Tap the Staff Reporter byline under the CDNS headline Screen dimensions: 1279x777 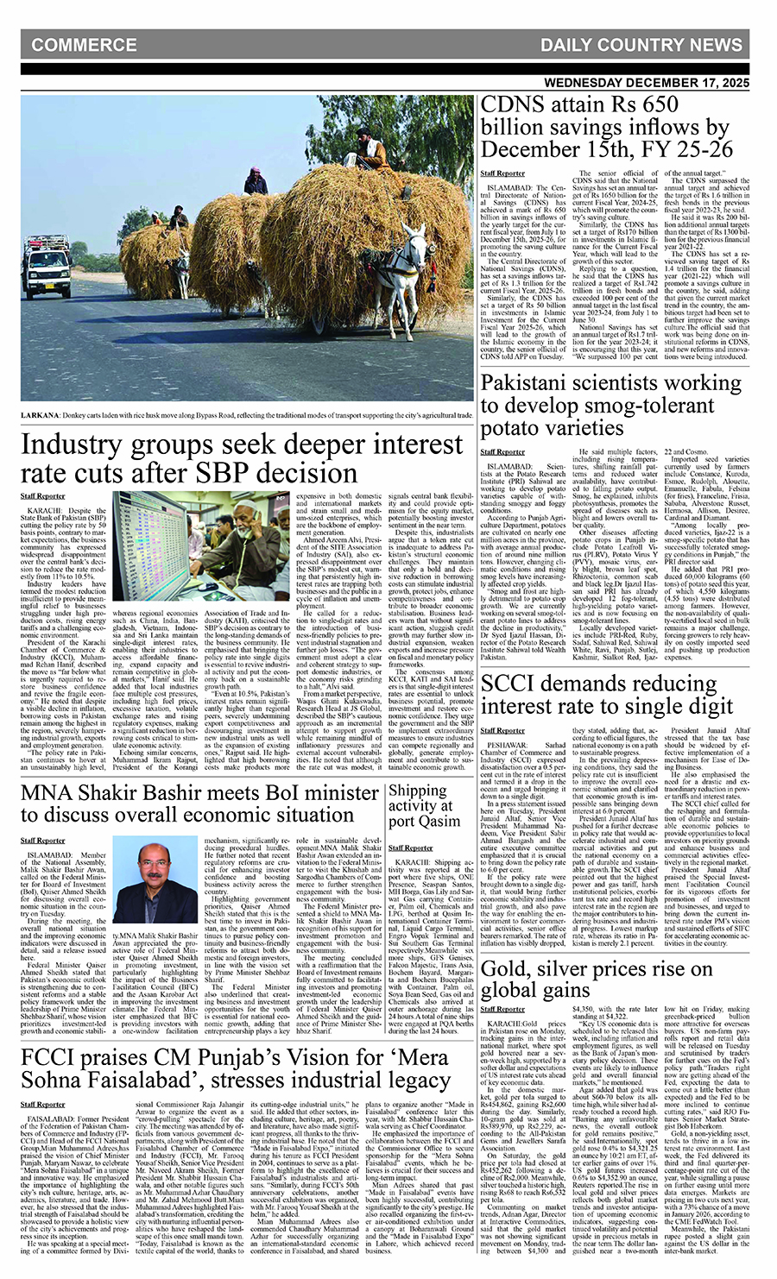[502, 173]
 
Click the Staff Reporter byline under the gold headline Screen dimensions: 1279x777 [502, 1008]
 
